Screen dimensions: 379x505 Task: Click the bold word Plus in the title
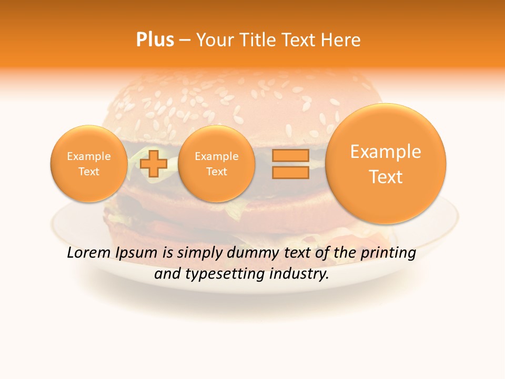click(155, 40)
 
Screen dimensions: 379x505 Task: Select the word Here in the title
click(341, 40)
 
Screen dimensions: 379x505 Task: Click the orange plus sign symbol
click(154, 163)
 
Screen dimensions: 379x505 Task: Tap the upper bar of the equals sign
click(290, 155)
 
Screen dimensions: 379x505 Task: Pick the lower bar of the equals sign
click(290, 172)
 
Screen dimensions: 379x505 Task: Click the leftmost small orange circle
click(89, 164)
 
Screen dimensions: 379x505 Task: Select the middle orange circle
click(217, 164)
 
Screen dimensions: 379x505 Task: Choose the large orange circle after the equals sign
click(386, 164)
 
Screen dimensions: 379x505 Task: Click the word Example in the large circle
click(386, 152)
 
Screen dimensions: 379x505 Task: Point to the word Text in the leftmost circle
click(89, 172)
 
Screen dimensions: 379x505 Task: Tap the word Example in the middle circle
click(217, 156)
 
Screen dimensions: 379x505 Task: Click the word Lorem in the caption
click(89, 253)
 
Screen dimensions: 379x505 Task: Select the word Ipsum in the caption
click(137, 253)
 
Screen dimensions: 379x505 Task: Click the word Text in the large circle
click(386, 177)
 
